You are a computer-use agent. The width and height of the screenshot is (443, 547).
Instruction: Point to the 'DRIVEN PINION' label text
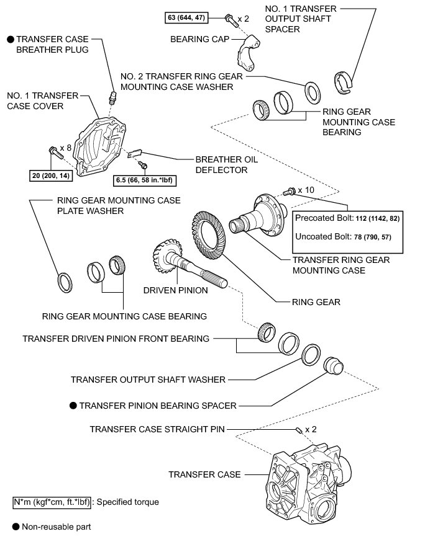click(171, 290)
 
